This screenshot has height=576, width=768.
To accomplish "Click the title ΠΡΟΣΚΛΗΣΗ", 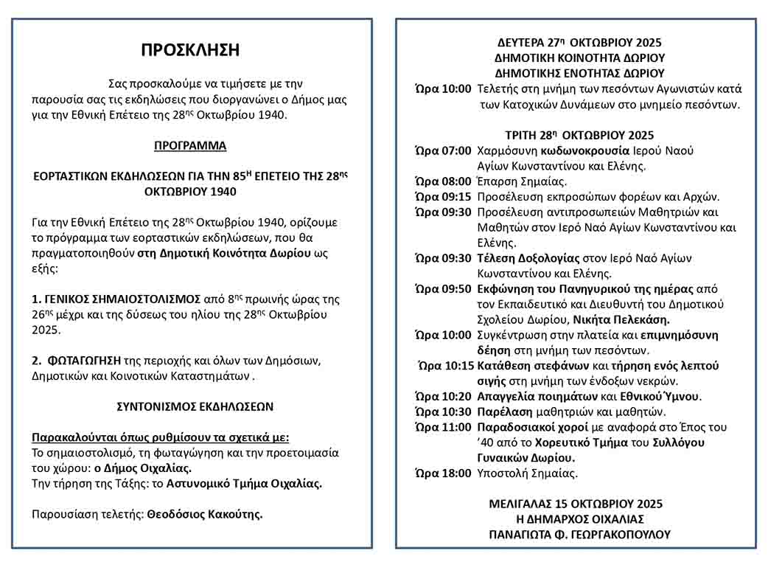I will [x=190, y=50].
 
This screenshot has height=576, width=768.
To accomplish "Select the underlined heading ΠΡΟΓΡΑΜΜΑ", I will [x=190, y=145].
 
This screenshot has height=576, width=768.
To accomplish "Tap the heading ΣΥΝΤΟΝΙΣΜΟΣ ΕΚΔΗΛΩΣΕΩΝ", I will [x=195, y=406].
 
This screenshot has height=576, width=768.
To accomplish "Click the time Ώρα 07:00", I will [x=443, y=150].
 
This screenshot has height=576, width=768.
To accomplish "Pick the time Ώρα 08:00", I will [x=443, y=181].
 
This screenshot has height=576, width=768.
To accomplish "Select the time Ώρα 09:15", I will [x=443, y=197].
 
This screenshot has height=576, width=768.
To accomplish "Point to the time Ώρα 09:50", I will [x=443, y=289].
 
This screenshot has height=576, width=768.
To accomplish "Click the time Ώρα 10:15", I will [x=445, y=366].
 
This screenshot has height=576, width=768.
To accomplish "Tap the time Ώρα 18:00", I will [x=443, y=473].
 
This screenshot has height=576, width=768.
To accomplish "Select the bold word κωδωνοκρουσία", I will [x=584, y=150].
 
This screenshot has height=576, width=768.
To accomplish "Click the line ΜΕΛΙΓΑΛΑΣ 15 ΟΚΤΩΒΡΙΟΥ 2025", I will [x=576, y=504].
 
